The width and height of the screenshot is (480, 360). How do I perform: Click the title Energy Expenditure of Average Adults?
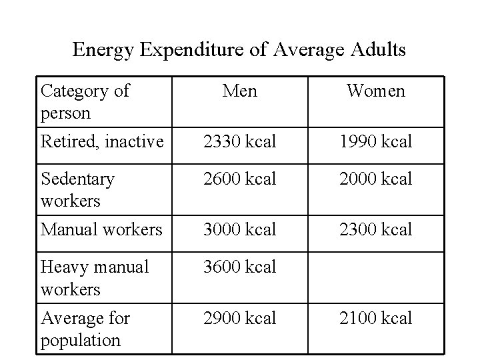(x=239, y=50)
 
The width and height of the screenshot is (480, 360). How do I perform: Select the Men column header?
(x=239, y=91)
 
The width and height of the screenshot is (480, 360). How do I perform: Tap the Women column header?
(x=375, y=91)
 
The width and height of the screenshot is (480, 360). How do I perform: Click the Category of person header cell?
(x=85, y=101)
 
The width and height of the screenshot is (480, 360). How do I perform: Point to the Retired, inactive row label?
(x=102, y=141)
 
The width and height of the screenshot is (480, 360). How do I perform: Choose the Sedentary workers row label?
(x=77, y=189)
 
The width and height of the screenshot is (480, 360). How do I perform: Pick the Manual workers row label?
(x=101, y=229)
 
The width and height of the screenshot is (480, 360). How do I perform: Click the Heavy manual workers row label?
(x=95, y=277)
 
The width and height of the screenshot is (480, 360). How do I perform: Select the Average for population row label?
(x=85, y=329)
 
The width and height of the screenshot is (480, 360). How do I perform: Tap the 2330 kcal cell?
(x=239, y=141)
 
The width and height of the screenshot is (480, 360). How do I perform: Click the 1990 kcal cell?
(x=375, y=141)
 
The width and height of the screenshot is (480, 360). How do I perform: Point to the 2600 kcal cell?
(x=239, y=179)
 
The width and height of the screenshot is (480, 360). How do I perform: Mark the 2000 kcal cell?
(x=375, y=179)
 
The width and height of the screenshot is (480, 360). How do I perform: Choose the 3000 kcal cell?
(x=239, y=229)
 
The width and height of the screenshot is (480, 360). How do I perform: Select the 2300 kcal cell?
(x=375, y=229)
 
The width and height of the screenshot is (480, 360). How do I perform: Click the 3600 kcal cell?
(x=239, y=267)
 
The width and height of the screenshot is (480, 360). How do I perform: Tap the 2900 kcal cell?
(x=239, y=318)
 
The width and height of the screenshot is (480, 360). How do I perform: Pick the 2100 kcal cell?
(x=375, y=318)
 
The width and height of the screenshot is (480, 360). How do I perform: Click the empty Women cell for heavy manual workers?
(x=375, y=277)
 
